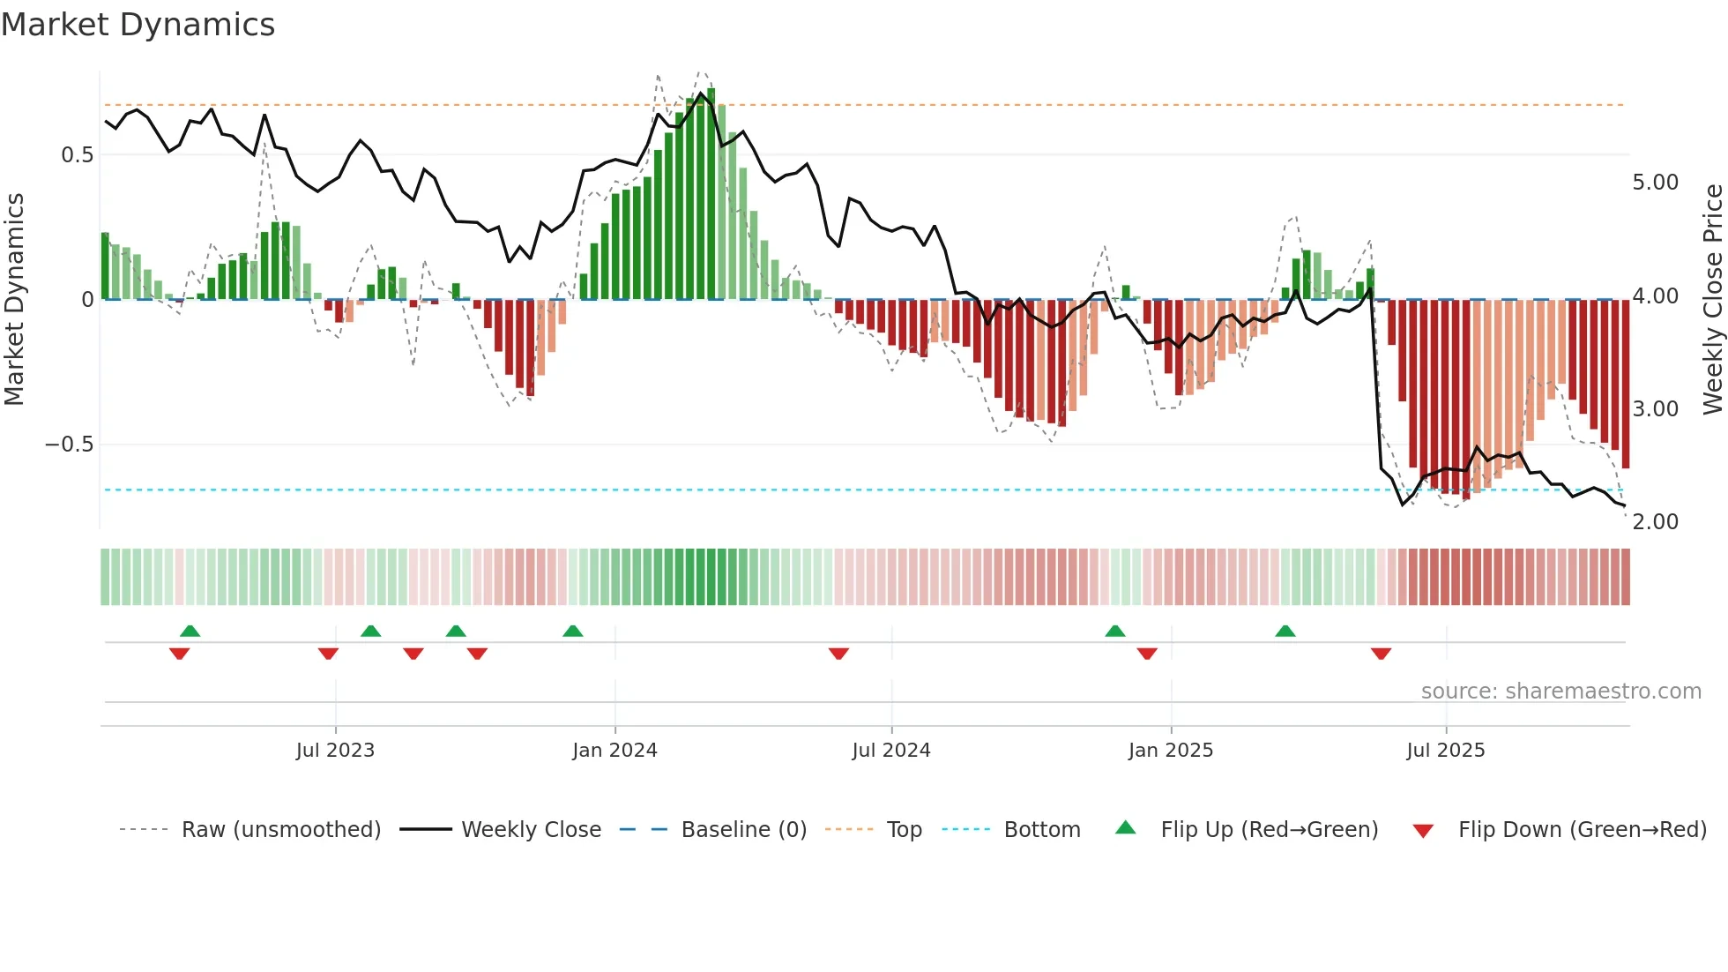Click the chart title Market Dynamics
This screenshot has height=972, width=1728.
(x=138, y=25)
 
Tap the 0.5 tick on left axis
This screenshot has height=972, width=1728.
(x=77, y=155)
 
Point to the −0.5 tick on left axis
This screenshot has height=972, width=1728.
(x=69, y=445)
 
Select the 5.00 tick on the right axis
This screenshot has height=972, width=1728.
(x=1655, y=183)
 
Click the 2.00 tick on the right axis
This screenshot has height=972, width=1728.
(x=1655, y=522)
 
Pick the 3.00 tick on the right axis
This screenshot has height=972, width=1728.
(x=1655, y=409)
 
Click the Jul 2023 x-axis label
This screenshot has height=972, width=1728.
(x=335, y=751)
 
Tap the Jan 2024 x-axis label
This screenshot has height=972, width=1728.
(x=614, y=751)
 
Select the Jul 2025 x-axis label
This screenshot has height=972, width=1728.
(x=1445, y=751)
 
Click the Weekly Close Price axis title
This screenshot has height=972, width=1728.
(x=1712, y=299)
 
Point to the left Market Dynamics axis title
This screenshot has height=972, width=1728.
(x=14, y=299)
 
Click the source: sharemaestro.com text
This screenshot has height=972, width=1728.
(x=1560, y=692)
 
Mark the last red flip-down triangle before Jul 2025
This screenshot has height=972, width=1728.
(x=1381, y=654)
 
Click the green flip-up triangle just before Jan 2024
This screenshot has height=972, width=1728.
(x=573, y=631)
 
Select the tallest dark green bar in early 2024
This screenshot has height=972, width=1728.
(x=711, y=194)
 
